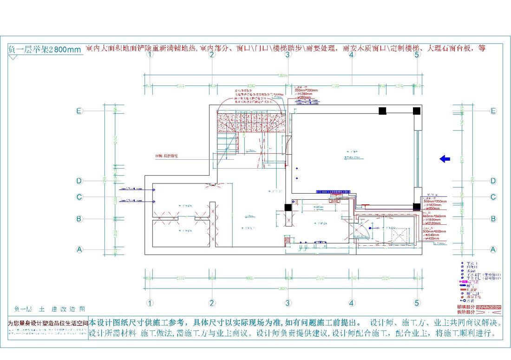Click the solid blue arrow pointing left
tap(445, 159)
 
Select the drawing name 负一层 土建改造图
tap(50, 309)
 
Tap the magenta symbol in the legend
tap(463, 282)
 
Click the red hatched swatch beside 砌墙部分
tap(489, 307)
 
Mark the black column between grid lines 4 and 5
tap(382, 111)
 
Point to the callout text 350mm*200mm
tap(306, 90)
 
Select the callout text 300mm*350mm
tap(434, 201)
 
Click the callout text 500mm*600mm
tap(434, 231)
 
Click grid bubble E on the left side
tap(79, 111)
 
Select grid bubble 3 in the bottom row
tap(288, 303)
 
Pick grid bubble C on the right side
tap(493, 197)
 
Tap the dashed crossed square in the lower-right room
tap(399, 236)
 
